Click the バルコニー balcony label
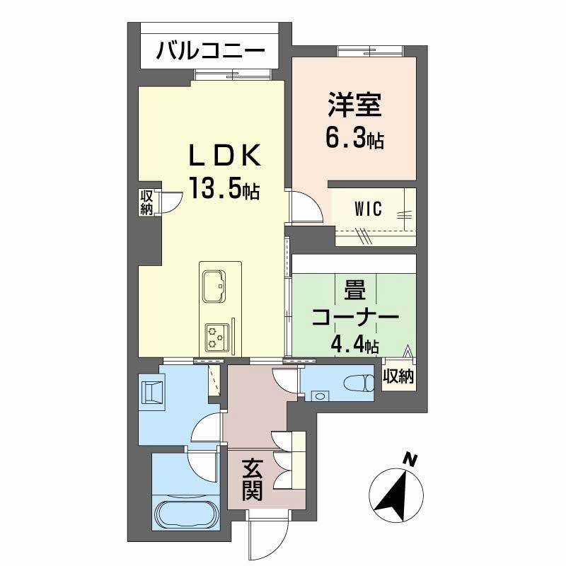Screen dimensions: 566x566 coord(210,52)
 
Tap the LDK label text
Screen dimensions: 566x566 coord(224,156)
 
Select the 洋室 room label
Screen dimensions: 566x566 coord(354,105)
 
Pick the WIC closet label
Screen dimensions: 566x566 coord(368,209)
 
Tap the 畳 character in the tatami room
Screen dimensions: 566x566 coord(355,292)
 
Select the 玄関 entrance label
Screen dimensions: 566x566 coord(252,480)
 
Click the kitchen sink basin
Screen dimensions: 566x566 coord(214,286)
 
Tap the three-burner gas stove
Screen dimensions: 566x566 coord(217,338)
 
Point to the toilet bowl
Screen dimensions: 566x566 coord(359,383)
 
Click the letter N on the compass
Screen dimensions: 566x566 coord(410,459)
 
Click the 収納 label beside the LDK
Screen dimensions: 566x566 coord(146,202)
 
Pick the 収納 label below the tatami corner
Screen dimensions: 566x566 coord(398,377)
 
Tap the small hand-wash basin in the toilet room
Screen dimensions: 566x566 coord(320,396)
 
